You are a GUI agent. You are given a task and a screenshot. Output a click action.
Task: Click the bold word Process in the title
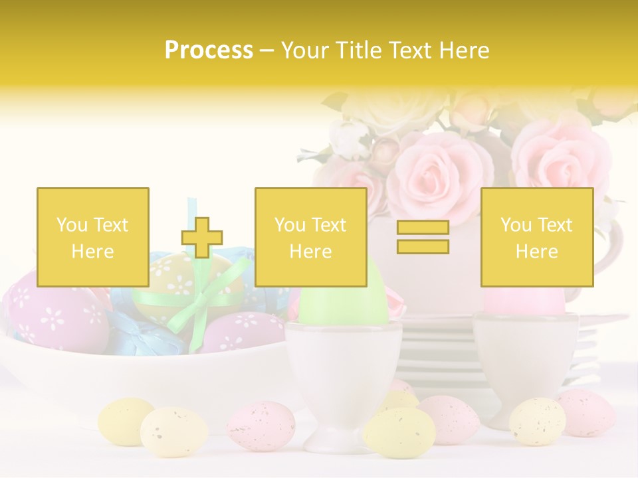coord(209,50)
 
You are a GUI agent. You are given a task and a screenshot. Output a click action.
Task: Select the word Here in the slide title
coord(463,50)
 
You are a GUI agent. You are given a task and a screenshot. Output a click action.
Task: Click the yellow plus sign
coord(202,238)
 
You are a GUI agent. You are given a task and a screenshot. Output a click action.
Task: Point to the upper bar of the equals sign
coord(423,228)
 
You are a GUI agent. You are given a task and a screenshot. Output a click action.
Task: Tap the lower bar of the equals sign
coord(423,246)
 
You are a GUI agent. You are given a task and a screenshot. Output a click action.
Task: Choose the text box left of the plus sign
coord(92,237)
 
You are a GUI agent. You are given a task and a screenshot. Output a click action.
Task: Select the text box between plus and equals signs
coord(310,237)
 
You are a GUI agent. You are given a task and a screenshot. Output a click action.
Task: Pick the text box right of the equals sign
coord(536,237)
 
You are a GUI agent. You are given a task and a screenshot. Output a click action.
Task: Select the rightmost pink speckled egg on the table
coord(585,412)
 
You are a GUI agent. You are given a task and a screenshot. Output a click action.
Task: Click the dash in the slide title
coord(267,50)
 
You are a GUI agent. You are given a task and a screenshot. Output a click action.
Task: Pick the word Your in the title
coord(306,50)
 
